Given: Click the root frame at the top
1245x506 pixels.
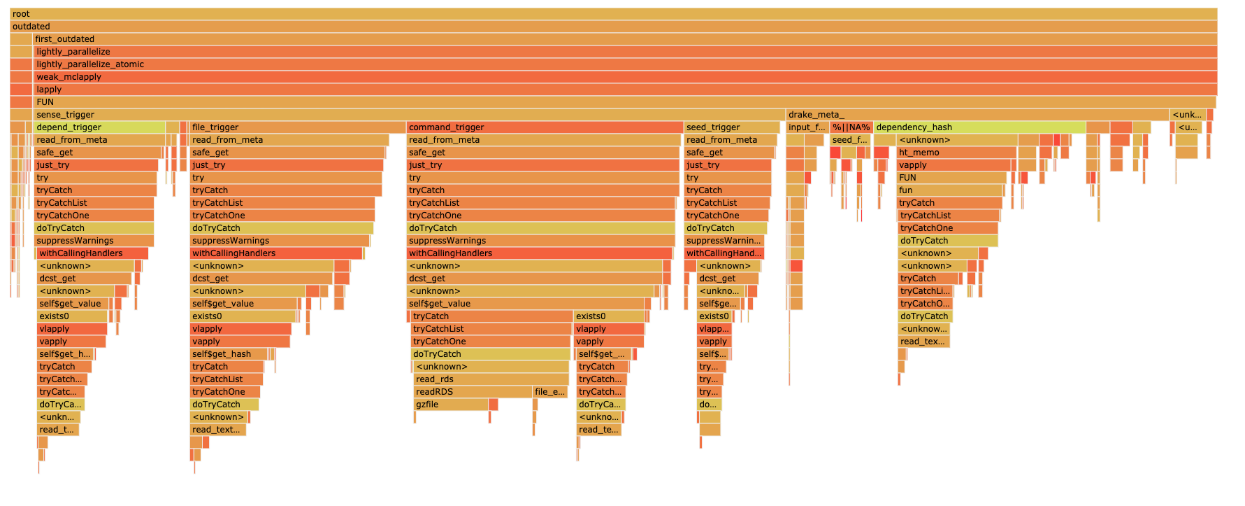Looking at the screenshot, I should pos(614,14).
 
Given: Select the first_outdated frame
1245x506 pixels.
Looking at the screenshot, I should pos(625,39).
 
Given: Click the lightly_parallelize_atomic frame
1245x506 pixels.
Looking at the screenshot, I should pos(625,64).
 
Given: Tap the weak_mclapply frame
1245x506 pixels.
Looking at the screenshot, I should pos(625,77).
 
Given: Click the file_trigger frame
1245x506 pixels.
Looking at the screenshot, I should pos(297,127).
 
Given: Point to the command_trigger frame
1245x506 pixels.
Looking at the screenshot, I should pos(545,127).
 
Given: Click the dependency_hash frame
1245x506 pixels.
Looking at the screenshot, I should pos(979,127).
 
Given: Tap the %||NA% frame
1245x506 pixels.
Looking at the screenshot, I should pos(851,127).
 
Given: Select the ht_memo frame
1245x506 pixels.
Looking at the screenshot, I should pos(956,153).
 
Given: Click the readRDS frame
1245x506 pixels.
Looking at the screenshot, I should pos(473,392).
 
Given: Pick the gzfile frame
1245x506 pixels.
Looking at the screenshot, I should pos(451,405).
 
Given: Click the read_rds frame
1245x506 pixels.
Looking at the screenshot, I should pos(491,379).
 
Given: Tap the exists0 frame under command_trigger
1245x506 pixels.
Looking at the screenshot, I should pos(608,316).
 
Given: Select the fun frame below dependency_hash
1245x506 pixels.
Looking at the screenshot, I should pos(951,190).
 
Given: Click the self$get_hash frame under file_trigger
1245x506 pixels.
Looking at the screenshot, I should pos(229,354).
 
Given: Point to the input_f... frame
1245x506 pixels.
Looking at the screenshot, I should pos(807,127).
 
